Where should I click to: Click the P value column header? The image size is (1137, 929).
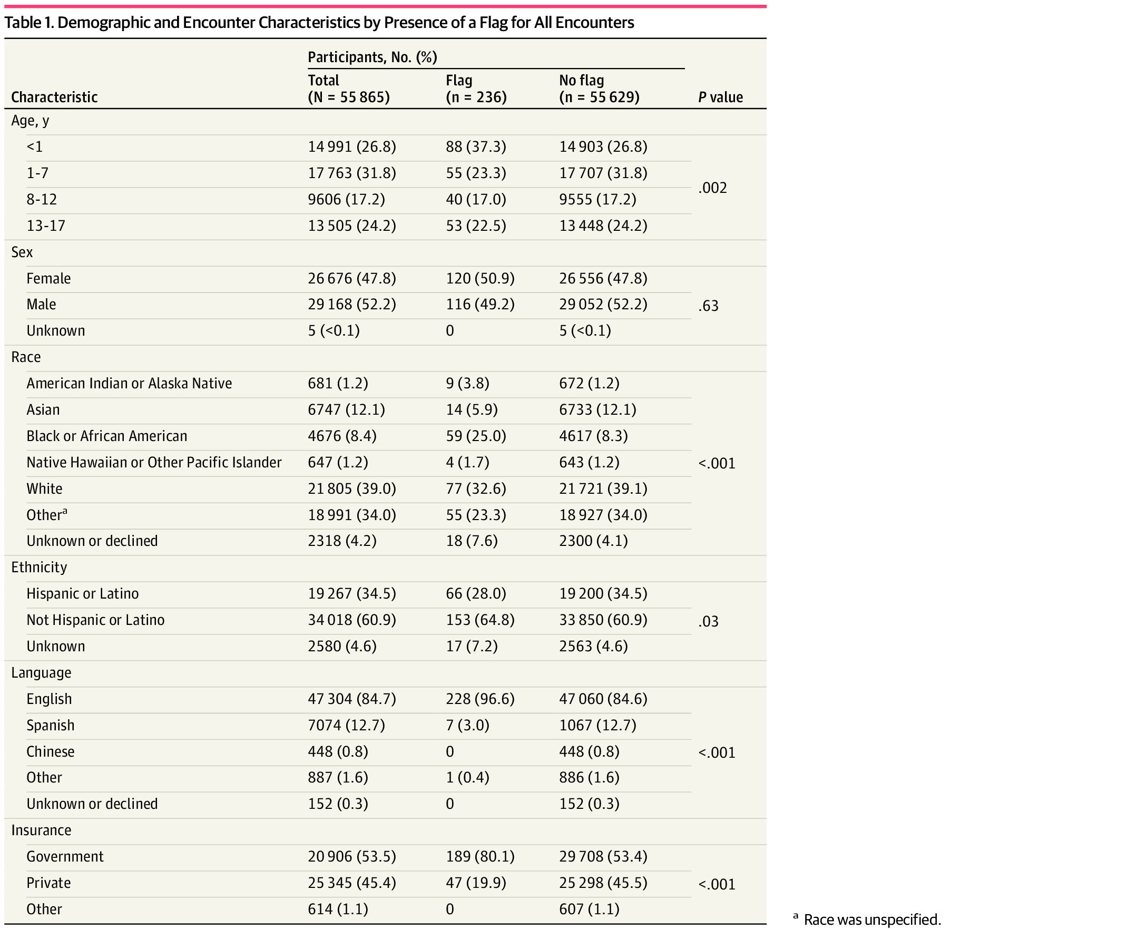(x=720, y=97)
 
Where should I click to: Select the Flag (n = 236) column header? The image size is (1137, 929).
(x=476, y=89)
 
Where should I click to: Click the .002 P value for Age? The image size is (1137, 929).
(x=712, y=188)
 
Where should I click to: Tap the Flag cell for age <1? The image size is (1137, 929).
(x=476, y=146)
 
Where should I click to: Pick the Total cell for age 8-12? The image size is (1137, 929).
(x=346, y=200)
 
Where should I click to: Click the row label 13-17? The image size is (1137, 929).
(x=46, y=226)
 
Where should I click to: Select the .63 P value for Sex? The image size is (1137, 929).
(x=708, y=306)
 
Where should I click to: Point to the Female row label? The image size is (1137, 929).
(x=48, y=278)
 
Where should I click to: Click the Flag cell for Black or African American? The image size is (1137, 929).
(x=476, y=436)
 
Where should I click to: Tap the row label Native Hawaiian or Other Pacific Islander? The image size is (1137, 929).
(x=153, y=462)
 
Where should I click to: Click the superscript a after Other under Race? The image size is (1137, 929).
(x=65, y=511)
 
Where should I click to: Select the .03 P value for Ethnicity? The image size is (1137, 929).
(x=708, y=621)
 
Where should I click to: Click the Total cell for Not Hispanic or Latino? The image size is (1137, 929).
(x=351, y=620)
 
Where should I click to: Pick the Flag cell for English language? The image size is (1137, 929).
(x=480, y=699)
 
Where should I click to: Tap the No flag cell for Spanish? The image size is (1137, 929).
(x=597, y=725)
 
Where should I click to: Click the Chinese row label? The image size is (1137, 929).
(x=50, y=751)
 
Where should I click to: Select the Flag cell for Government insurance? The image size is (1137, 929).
(x=480, y=856)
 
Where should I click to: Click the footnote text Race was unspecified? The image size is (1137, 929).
(x=871, y=920)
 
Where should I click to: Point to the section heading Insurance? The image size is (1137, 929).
(x=41, y=830)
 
